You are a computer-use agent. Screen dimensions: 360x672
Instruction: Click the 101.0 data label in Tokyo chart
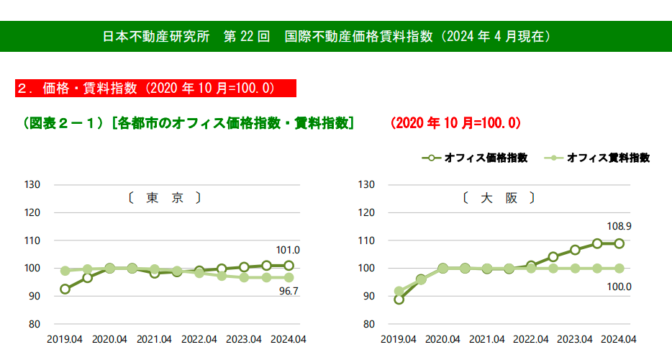(x=288, y=251)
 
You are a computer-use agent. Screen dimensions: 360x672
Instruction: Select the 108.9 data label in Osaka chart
(x=619, y=227)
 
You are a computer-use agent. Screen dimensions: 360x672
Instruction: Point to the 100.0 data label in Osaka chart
(x=619, y=287)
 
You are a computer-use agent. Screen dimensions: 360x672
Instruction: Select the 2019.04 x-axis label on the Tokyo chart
(x=65, y=339)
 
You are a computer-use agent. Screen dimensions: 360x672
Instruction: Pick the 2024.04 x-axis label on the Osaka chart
(x=619, y=339)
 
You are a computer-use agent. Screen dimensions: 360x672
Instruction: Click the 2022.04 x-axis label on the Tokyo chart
(x=199, y=339)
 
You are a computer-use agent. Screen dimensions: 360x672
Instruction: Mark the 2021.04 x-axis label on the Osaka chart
(x=487, y=339)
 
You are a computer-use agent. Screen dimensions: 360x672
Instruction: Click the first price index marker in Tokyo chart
(x=65, y=289)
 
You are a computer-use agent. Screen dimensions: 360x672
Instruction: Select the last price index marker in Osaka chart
(x=619, y=243)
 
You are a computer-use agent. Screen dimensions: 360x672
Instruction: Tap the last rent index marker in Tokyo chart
(x=289, y=277)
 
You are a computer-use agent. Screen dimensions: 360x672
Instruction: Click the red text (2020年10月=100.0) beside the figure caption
(x=455, y=123)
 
